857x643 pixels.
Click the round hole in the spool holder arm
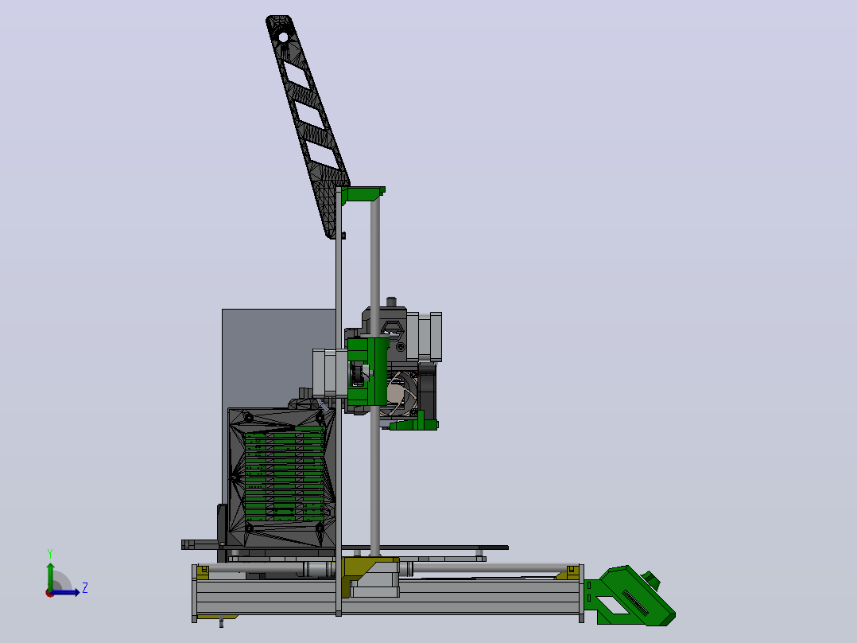(x=283, y=37)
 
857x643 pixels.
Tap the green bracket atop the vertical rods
(x=363, y=193)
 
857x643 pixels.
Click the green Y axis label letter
(x=50, y=554)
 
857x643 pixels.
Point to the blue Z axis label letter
(x=85, y=588)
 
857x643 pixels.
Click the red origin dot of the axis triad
(x=49, y=593)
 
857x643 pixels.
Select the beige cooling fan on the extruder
(x=401, y=393)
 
